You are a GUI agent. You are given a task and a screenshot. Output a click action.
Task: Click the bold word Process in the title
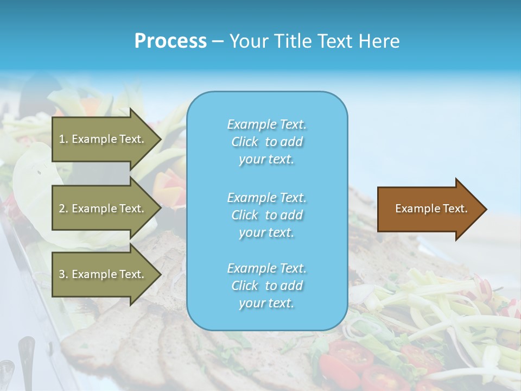coord(170,41)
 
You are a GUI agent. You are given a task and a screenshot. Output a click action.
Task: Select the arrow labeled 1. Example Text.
coord(103,139)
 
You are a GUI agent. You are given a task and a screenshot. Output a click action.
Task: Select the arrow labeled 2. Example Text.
coord(103,209)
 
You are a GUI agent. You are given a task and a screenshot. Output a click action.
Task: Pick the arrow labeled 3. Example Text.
coord(103,274)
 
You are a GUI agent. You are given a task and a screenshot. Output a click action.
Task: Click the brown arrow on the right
coord(429,209)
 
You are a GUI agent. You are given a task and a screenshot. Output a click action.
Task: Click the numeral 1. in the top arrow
coord(63,139)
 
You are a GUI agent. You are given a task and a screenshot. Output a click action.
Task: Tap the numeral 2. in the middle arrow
coord(63,209)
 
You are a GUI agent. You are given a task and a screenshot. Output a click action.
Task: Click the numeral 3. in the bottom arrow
coord(63,274)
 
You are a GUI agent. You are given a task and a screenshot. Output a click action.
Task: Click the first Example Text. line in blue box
coord(266,124)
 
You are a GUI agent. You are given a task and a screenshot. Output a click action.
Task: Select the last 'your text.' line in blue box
coord(266,303)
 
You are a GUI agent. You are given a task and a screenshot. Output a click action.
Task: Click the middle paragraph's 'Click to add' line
coord(266,215)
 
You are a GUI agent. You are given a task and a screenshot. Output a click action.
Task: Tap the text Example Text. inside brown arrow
coord(431,209)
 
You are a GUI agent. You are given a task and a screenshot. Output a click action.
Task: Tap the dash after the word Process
coord(218,41)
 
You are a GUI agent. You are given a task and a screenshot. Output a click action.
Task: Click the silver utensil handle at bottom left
coord(26,353)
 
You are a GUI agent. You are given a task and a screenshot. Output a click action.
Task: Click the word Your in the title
coord(248,41)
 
